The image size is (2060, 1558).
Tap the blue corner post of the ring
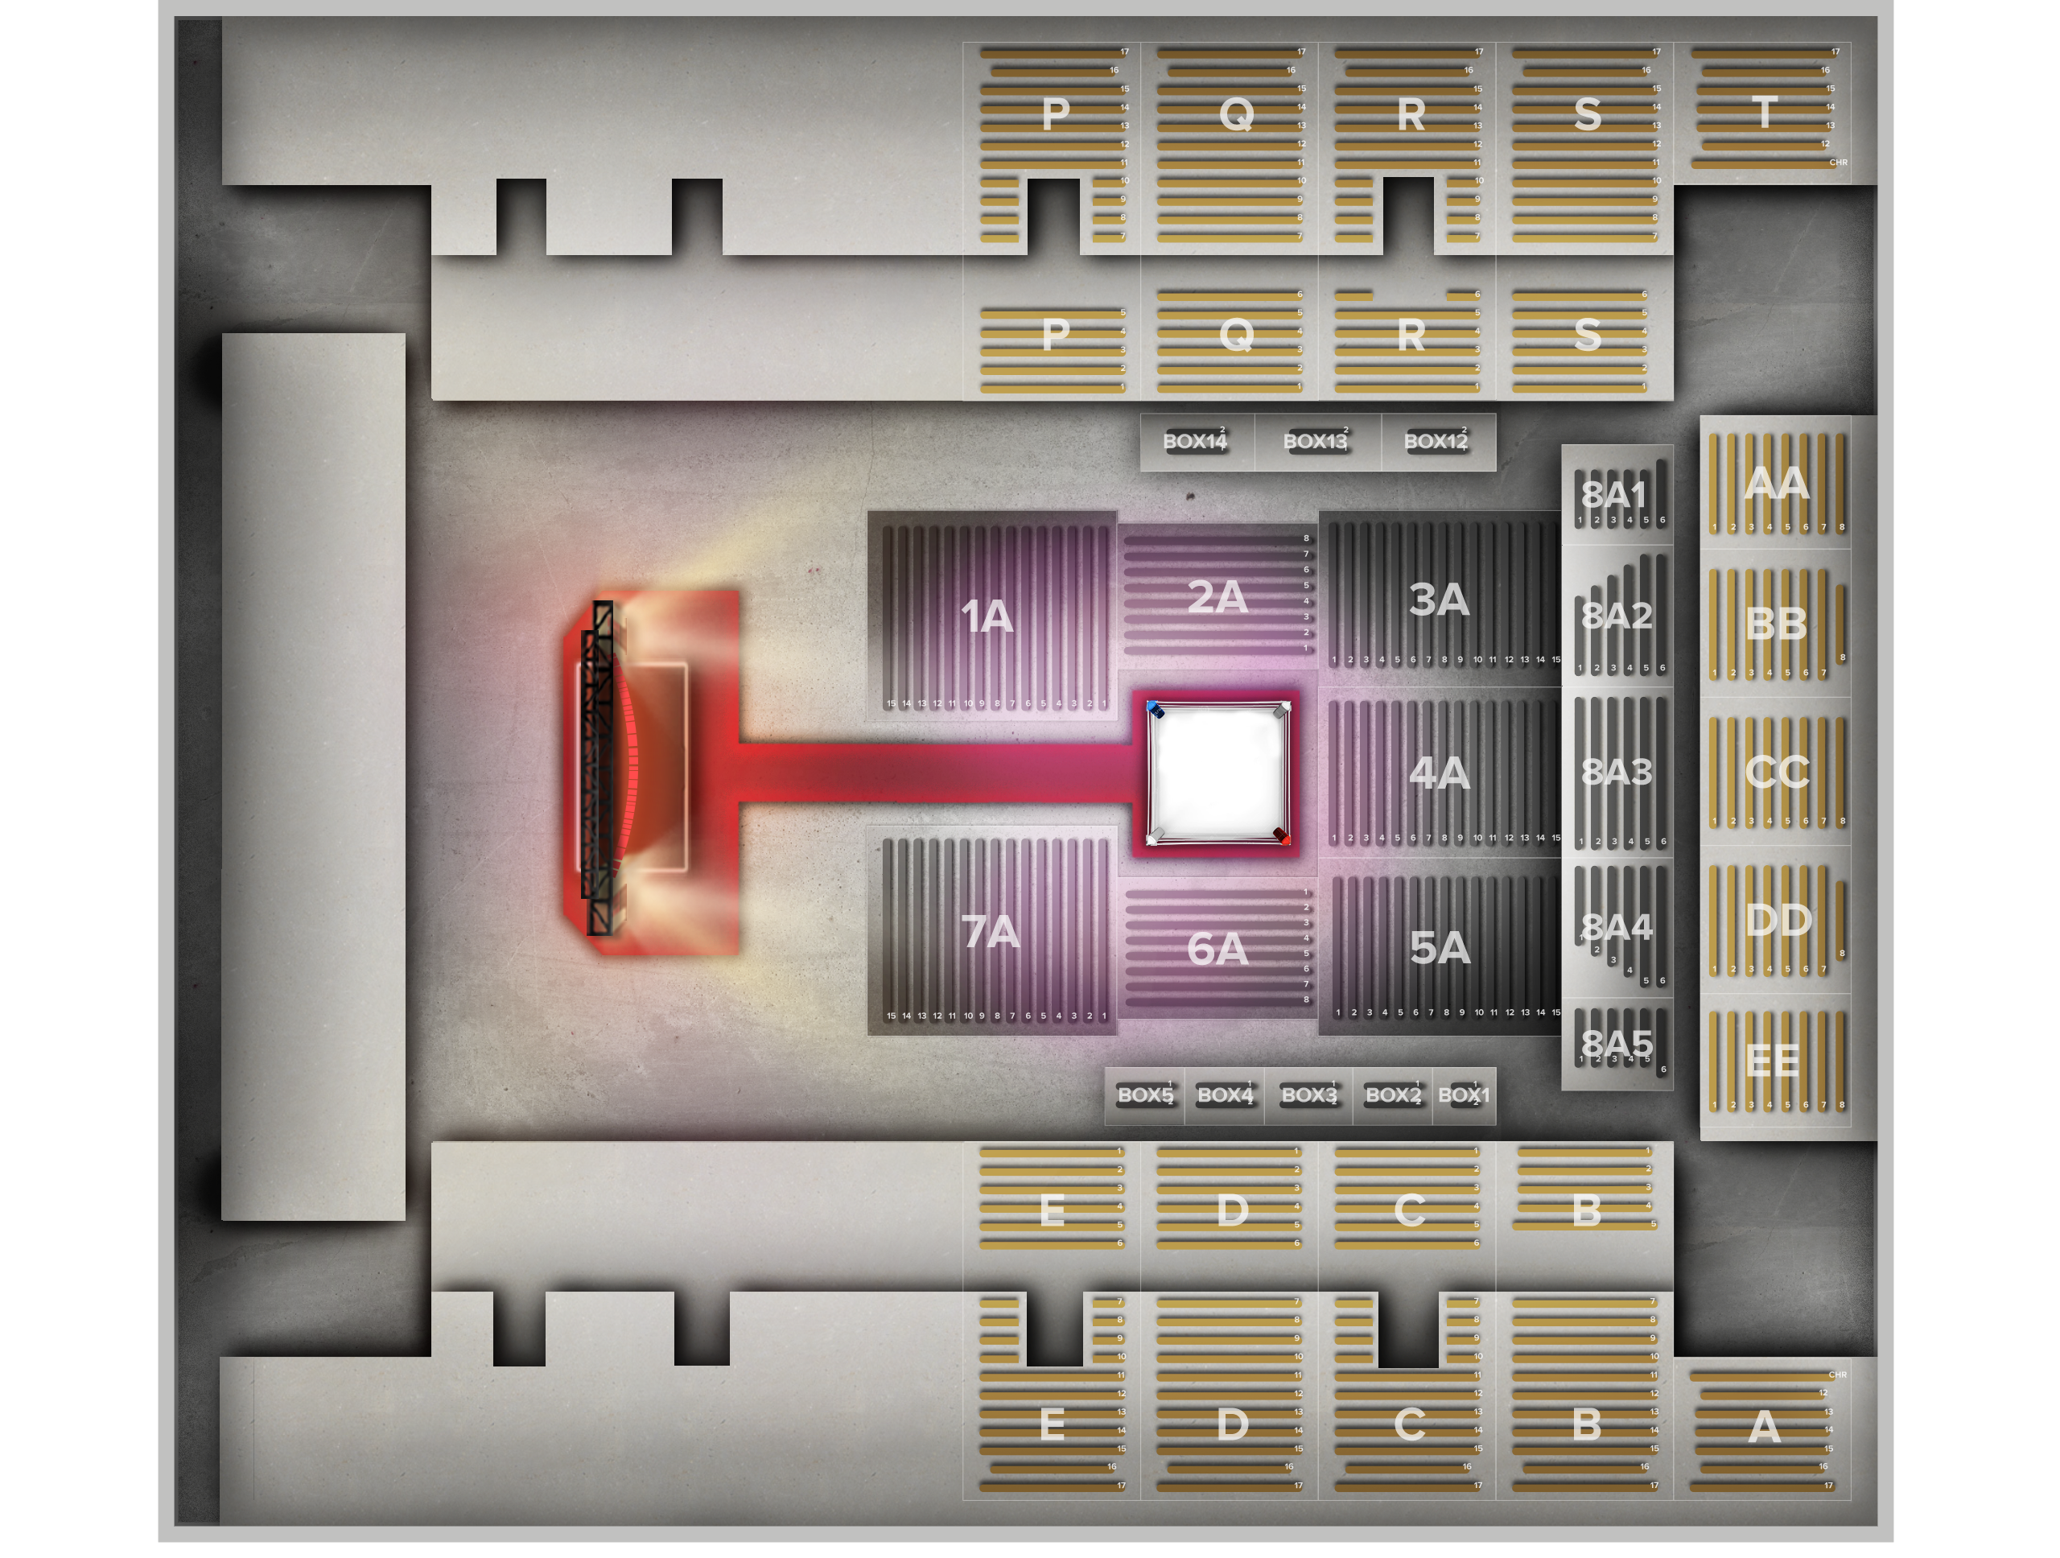[1155, 711]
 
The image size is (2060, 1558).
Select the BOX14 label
[1196, 442]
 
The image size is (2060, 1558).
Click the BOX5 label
[1144, 1095]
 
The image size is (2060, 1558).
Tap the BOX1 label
[1463, 1095]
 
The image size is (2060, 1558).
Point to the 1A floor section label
[987, 616]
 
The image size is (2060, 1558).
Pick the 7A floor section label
[990, 932]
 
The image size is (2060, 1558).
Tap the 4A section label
[1439, 773]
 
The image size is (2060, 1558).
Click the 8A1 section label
[1614, 493]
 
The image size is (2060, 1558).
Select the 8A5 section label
[1617, 1044]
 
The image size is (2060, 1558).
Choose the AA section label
[1777, 484]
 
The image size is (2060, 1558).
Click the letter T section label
[1764, 113]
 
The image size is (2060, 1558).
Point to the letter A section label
[1764, 1428]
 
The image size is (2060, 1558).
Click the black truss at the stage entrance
[599, 769]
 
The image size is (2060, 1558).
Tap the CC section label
[1777, 772]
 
